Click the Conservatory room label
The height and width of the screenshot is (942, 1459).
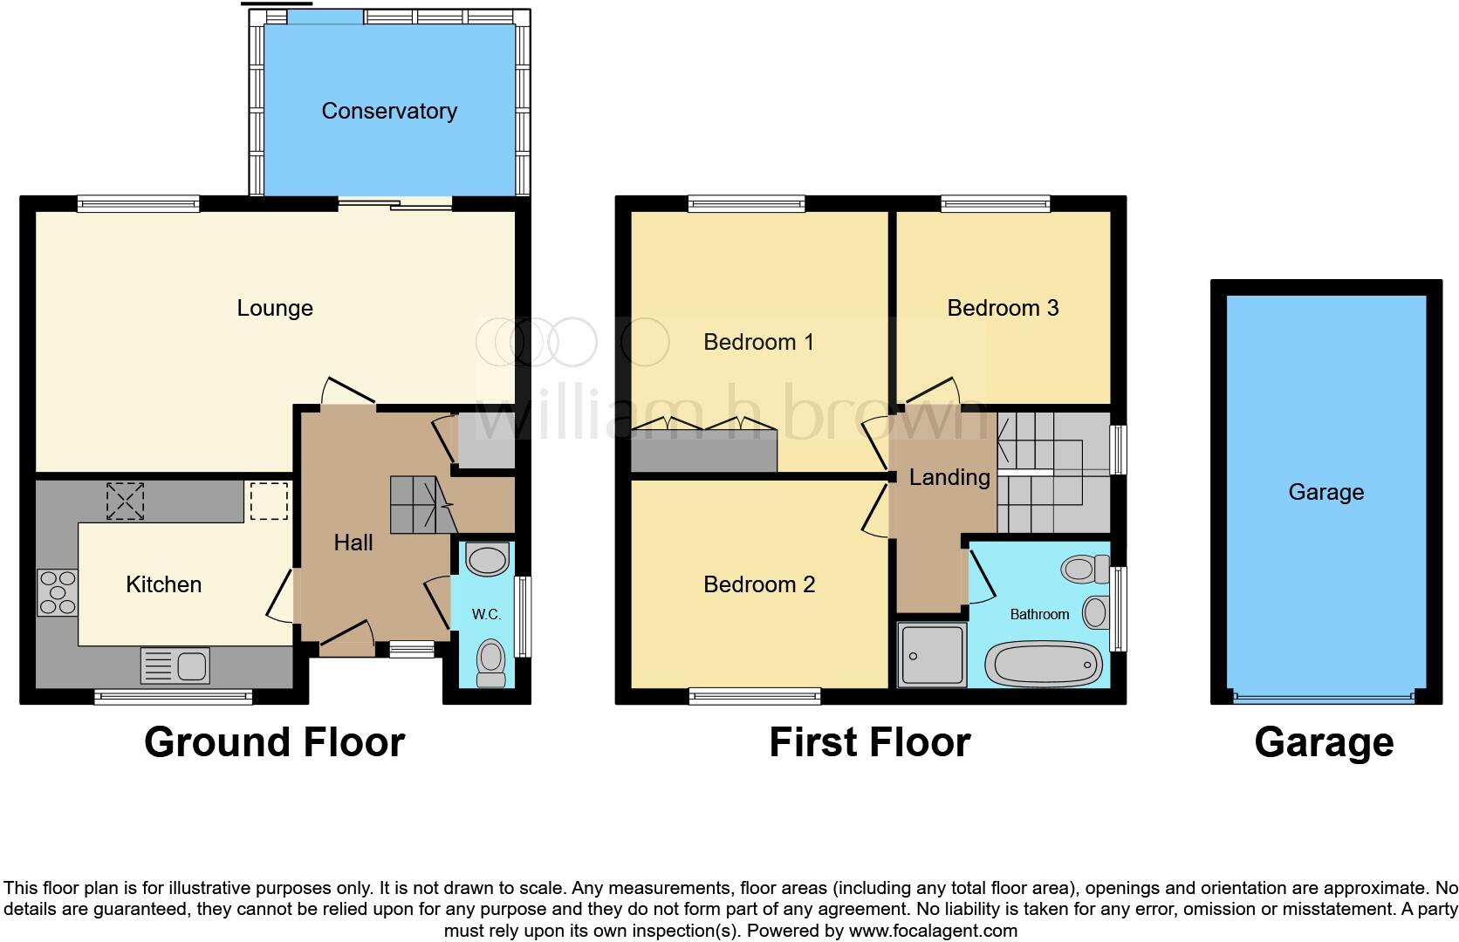click(389, 112)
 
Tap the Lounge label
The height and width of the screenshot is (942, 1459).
click(275, 308)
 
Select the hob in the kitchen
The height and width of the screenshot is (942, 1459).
click(58, 592)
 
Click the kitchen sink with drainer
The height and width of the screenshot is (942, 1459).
click(175, 666)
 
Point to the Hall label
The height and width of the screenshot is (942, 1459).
click(353, 543)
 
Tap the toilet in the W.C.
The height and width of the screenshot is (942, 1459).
click(491, 663)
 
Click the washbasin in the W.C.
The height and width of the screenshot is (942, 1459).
click(488, 559)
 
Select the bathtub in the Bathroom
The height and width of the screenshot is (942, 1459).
click(1044, 664)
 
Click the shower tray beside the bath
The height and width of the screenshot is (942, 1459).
click(931, 654)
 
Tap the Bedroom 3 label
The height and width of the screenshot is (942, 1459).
click(1003, 308)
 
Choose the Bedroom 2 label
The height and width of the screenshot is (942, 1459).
click(759, 584)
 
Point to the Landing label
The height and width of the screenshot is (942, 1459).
click(949, 477)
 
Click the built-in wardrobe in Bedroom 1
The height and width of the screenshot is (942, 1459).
click(704, 450)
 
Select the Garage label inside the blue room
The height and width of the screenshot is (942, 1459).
click(1326, 492)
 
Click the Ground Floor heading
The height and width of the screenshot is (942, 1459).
click(274, 742)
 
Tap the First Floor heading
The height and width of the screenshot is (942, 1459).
click(870, 742)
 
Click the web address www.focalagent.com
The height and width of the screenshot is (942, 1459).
click(933, 931)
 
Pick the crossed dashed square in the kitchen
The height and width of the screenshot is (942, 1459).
click(125, 502)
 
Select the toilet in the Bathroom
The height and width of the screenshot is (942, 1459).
click(1086, 569)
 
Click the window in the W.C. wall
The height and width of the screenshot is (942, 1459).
click(523, 616)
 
